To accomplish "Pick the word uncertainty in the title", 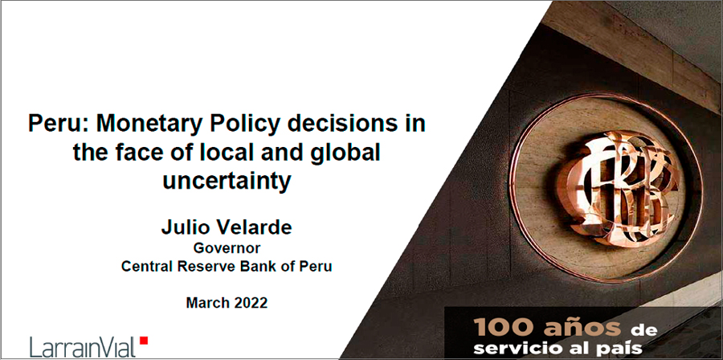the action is point(227,181).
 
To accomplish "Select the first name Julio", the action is point(182,227).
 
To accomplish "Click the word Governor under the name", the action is point(227,248).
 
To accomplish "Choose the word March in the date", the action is point(206,303).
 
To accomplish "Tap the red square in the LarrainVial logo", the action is point(144,340).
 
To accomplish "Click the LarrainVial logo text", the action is point(83,346).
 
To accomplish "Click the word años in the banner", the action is point(581,328).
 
